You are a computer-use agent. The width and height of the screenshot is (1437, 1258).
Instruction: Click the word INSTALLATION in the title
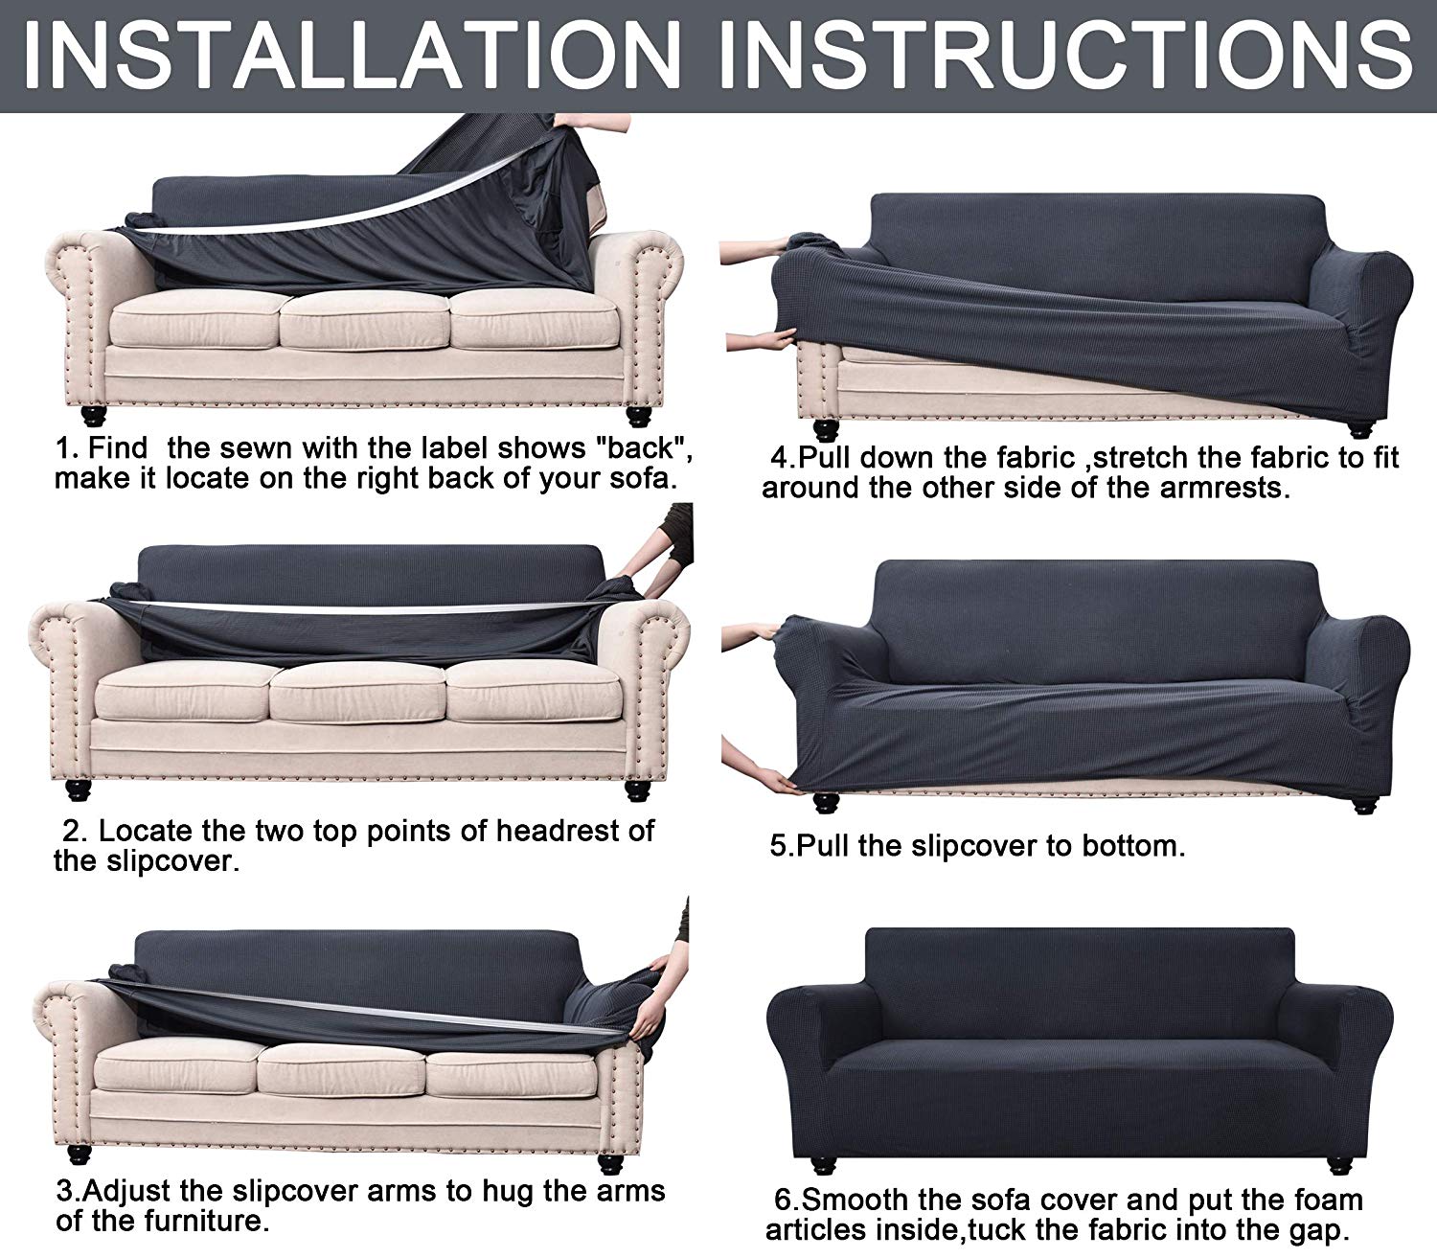353,55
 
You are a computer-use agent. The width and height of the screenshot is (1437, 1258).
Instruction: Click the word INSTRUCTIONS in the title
1066,55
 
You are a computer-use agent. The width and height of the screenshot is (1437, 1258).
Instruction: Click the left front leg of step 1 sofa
94,416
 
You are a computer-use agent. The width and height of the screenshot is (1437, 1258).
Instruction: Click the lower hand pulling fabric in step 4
760,342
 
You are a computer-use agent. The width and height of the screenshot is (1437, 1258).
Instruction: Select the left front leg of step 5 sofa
826,801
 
